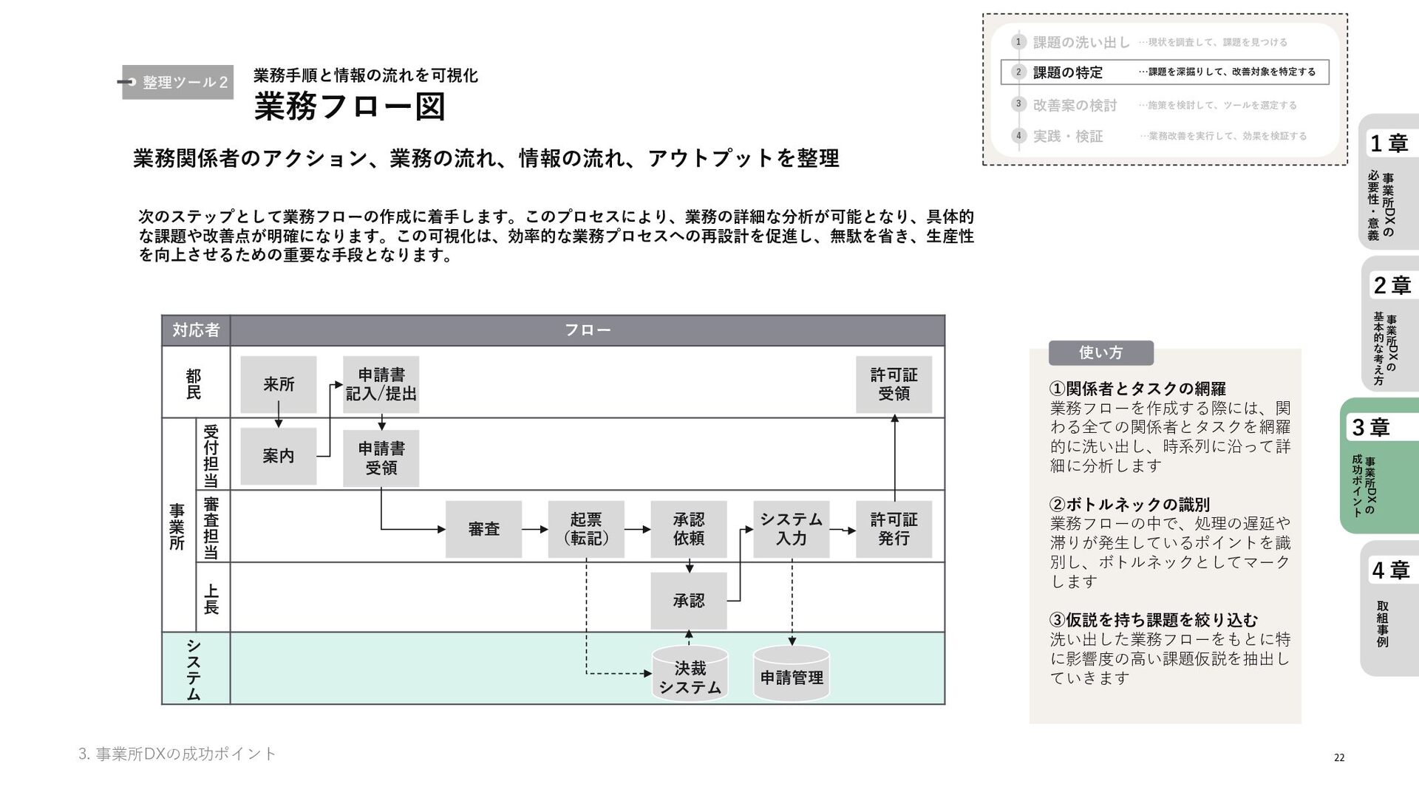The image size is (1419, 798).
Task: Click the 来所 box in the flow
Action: [x=279, y=384]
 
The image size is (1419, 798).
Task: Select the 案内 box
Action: [x=279, y=456]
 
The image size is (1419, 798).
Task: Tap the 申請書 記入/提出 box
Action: [x=381, y=384]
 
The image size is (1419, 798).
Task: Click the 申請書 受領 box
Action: [x=381, y=458]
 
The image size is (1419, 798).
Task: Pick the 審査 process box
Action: [x=483, y=529]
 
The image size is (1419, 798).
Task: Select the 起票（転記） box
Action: [x=586, y=529]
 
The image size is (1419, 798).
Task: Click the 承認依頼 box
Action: [x=689, y=529]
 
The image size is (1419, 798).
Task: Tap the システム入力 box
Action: [x=792, y=529]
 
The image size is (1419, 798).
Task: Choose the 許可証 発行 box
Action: [x=894, y=529]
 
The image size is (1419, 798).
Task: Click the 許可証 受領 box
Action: [x=894, y=384]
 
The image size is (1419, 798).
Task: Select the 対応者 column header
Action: [x=196, y=330]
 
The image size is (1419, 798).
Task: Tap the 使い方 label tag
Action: [x=1100, y=352]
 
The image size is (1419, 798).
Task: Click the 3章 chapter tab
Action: [x=1378, y=465]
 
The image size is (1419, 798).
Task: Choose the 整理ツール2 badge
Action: [x=178, y=82]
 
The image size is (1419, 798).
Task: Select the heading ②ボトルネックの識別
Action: [x=1129, y=505]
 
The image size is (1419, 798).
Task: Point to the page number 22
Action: [x=1338, y=757]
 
